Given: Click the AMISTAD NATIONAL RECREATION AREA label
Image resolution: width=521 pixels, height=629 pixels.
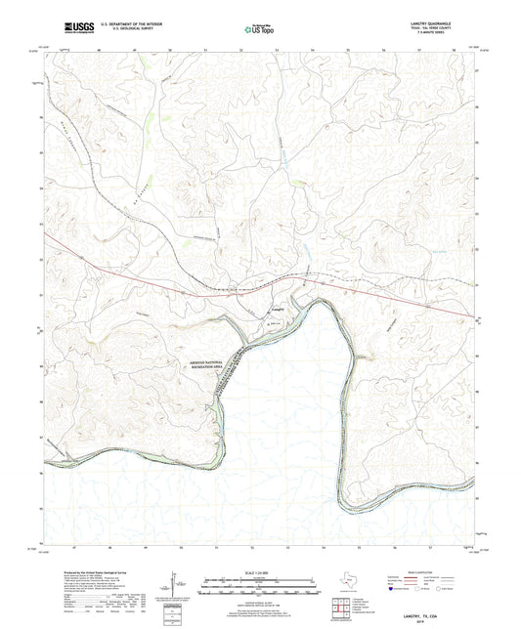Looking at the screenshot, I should pyautogui.click(x=220, y=360).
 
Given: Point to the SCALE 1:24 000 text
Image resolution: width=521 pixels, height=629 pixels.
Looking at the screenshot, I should pyautogui.click(x=259, y=571).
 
